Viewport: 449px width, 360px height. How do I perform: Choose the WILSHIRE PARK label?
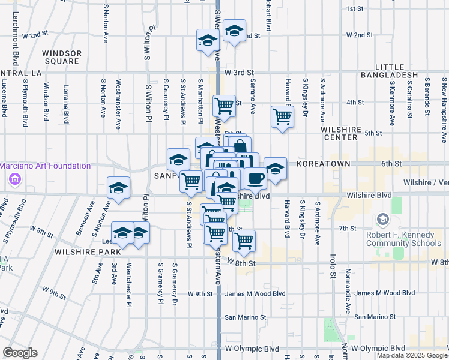coord(88,253)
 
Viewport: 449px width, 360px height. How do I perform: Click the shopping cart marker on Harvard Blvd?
coord(282,116)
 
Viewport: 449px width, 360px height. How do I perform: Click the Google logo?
coord(20,353)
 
